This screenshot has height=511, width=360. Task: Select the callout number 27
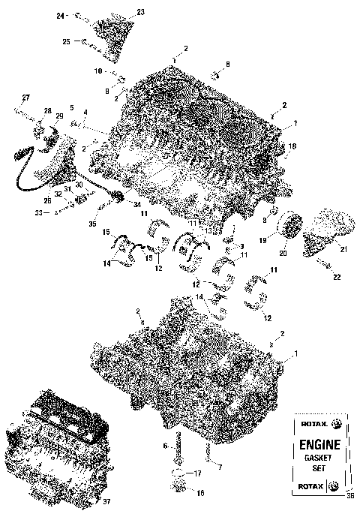25,98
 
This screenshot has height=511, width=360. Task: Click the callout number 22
337,278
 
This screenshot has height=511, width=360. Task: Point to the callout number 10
98,71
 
